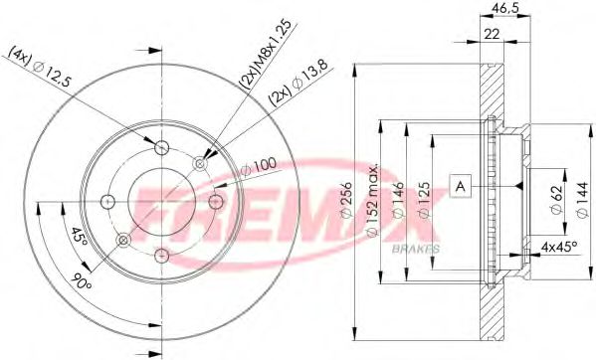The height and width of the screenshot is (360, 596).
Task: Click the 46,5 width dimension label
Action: (504, 8)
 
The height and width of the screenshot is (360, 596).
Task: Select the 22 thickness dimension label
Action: (493, 34)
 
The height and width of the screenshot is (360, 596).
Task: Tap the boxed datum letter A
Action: (461, 186)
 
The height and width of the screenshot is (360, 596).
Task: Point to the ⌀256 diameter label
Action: (346, 201)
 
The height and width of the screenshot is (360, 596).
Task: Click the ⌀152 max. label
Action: (373, 201)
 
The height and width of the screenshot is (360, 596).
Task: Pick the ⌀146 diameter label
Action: (398, 200)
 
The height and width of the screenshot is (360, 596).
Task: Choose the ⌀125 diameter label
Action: (425, 200)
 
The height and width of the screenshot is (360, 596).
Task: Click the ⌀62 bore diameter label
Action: (556, 200)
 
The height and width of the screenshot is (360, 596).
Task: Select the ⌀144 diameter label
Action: (582, 200)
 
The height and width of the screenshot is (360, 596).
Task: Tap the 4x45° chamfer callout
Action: (559, 248)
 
